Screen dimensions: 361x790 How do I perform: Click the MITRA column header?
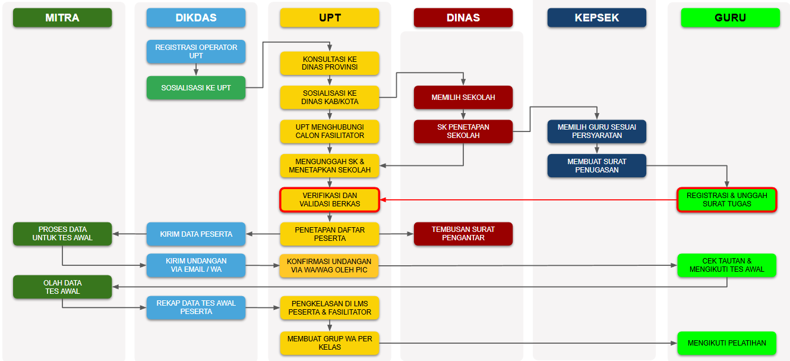click(62, 18)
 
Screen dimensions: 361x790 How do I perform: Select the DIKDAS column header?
click(196, 18)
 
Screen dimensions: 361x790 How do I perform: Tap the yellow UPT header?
click(330, 18)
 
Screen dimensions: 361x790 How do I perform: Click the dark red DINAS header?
click(463, 18)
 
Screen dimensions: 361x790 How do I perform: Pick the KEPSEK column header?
click(596, 18)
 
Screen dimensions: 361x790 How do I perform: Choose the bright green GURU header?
click(730, 18)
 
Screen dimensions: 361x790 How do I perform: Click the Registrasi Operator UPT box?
click(196, 52)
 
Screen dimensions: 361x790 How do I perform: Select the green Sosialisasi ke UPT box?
click(196, 87)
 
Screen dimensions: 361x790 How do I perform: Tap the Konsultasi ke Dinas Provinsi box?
click(330, 63)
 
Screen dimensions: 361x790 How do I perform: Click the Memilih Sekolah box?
click(463, 98)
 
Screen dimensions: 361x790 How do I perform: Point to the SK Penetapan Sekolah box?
click(463, 131)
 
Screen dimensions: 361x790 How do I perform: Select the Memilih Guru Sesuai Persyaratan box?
click(596, 131)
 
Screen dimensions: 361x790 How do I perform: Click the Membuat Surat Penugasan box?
click(596, 166)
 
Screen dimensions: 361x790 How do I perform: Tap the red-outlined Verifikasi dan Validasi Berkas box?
click(330, 200)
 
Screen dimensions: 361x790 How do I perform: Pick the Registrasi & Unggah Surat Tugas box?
click(727, 200)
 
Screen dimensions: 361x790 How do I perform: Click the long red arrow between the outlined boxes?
click(529, 200)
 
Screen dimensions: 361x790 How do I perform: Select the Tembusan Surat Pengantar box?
click(463, 234)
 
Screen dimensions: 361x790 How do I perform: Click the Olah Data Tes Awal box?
click(62, 287)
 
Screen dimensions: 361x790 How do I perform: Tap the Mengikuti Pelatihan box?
click(727, 343)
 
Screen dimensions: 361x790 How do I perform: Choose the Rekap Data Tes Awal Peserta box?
click(196, 307)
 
